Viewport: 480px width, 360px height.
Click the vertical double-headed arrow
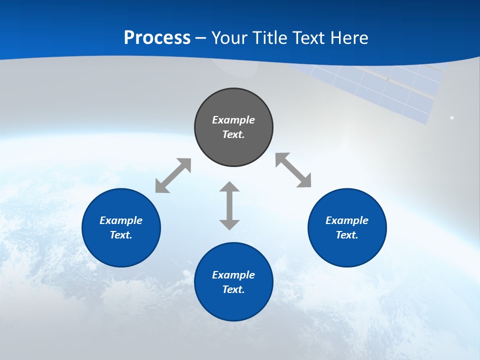(x=229, y=205)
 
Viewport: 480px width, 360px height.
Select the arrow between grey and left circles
(x=173, y=175)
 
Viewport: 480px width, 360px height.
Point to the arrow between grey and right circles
(x=293, y=170)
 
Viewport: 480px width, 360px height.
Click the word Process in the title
(x=157, y=37)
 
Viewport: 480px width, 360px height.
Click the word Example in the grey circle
(x=233, y=120)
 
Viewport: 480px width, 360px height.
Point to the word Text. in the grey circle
(x=233, y=134)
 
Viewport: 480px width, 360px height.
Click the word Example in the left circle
(x=121, y=220)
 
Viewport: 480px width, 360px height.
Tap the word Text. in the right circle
(x=347, y=235)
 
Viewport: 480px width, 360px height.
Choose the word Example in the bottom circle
(x=233, y=275)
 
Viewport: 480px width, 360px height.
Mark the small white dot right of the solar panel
(x=452, y=117)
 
